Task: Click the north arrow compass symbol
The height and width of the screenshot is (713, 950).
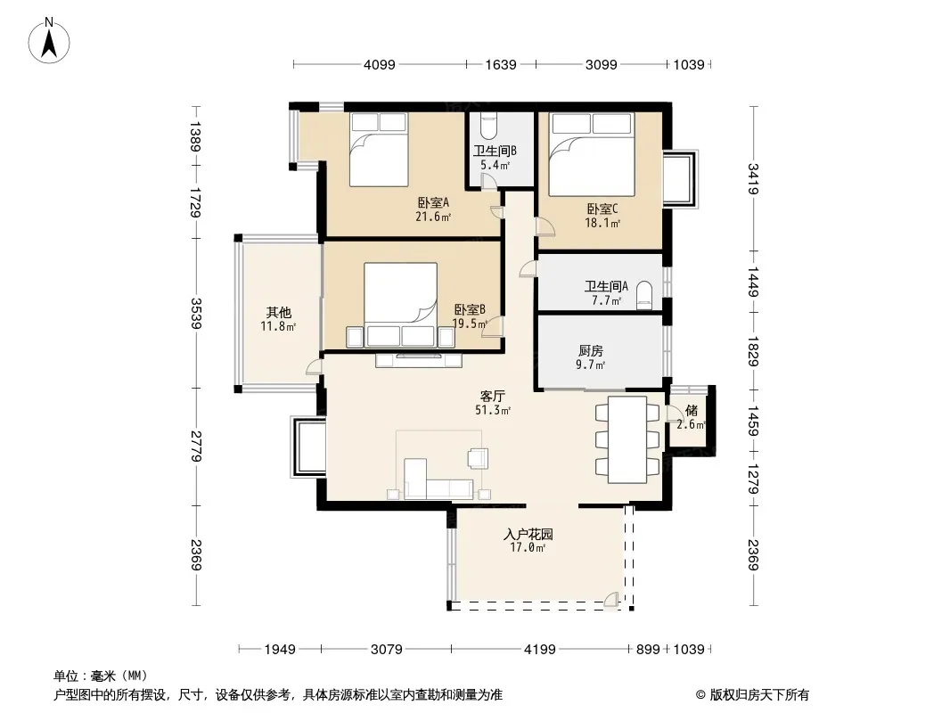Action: click(x=49, y=41)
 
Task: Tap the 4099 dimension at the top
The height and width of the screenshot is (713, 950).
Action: click(x=380, y=64)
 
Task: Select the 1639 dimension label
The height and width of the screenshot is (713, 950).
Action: click(x=501, y=64)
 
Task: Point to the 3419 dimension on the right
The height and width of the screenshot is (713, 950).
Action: click(x=753, y=179)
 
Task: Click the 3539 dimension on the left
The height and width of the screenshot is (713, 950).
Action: click(x=196, y=313)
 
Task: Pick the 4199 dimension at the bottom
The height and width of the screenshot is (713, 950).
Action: click(x=539, y=650)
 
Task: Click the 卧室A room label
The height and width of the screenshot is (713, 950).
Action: click(x=432, y=202)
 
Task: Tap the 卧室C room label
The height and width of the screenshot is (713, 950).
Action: click(x=602, y=209)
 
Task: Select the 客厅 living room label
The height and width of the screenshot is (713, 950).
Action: click(x=492, y=397)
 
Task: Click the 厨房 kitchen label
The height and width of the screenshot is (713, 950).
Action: click(x=590, y=351)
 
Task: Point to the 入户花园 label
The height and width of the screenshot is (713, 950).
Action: click(x=528, y=534)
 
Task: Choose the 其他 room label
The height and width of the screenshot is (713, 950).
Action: click(x=279, y=313)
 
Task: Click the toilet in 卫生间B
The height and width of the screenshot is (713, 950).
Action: click(x=487, y=125)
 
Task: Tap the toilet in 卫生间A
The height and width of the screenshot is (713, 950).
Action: click(x=644, y=296)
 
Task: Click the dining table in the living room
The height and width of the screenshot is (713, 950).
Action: click(x=627, y=439)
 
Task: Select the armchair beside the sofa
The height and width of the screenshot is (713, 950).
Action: click(x=478, y=458)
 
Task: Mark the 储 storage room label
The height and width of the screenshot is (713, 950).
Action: click(x=692, y=410)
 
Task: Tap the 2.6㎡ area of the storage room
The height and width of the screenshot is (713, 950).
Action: click(x=691, y=424)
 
